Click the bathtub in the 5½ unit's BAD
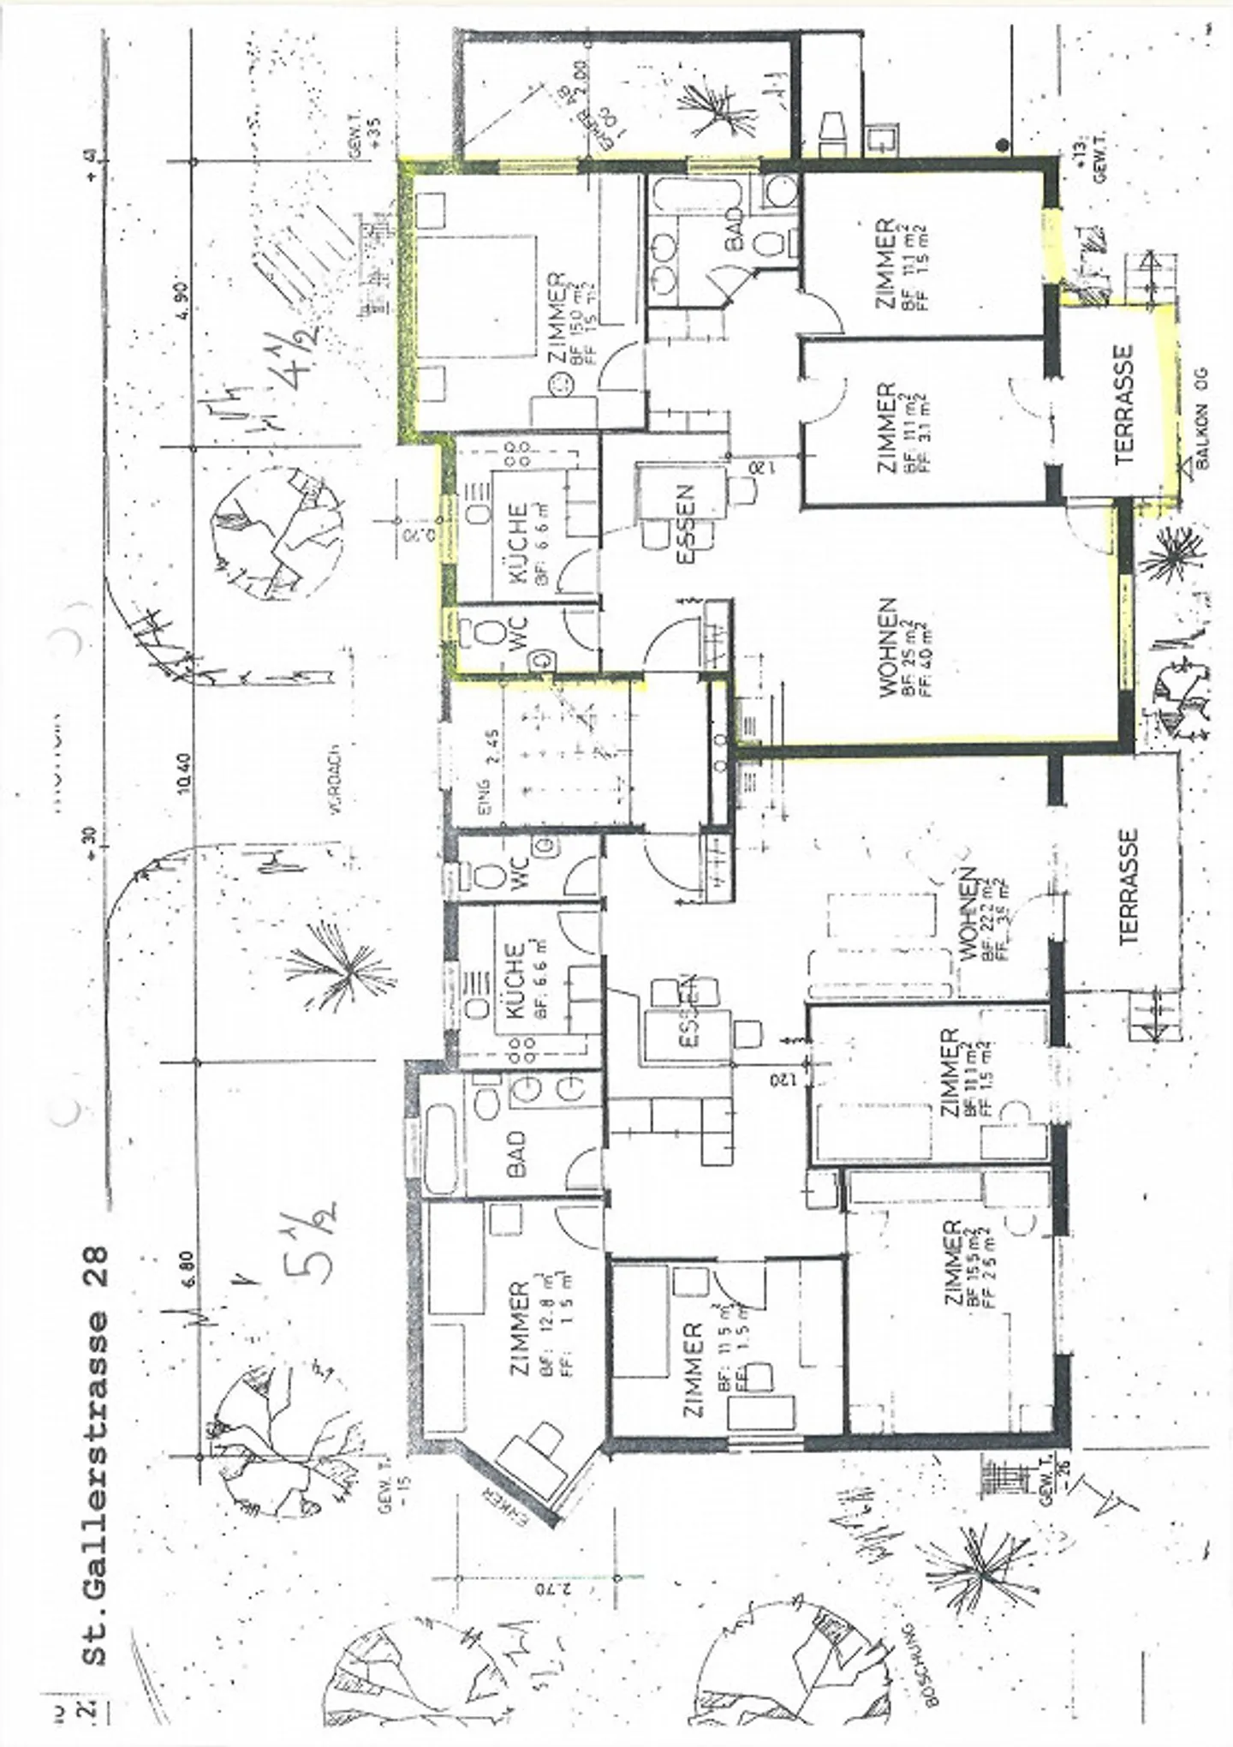click(x=441, y=1144)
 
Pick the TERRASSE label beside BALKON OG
click(x=1123, y=404)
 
